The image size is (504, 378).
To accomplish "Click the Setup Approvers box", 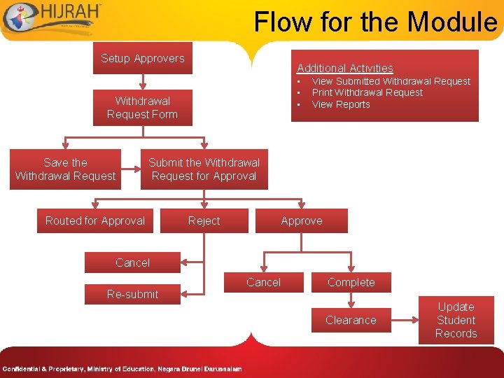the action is [x=143, y=59].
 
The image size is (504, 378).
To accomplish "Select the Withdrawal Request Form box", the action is [x=142, y=108].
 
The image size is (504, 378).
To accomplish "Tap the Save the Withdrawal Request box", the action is [x=65, y=169].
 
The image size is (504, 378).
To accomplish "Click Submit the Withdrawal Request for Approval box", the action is [x=204, y=169].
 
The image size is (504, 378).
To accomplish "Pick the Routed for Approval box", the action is [x=95, y=220].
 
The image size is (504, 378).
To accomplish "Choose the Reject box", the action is [x=204, y=220].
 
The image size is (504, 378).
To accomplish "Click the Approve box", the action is [x=302, y=220].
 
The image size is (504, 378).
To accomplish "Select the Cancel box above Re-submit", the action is [x=132, y=262].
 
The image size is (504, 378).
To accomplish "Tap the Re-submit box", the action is [x=132, y=294].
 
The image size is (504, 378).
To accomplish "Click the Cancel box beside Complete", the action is [x=263, y=282].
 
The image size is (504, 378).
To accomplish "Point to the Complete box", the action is [x=351, y=282].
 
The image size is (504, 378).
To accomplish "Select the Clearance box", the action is [x=351, y=320].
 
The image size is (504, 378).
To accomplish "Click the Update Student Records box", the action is [x=456, y=320].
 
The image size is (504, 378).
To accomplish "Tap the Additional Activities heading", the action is [x=345, y=68].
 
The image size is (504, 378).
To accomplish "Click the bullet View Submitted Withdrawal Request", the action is [x=391, y=81].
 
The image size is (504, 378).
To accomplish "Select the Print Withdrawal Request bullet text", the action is [x=367, y=92].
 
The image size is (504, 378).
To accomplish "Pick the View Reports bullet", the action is [x=340, y=104].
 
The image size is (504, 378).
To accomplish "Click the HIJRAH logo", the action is [x=52, y=17].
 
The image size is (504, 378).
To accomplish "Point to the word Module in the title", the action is [x=452, y=22].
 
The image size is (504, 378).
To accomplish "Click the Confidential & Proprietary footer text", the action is [x=122, y=369].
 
